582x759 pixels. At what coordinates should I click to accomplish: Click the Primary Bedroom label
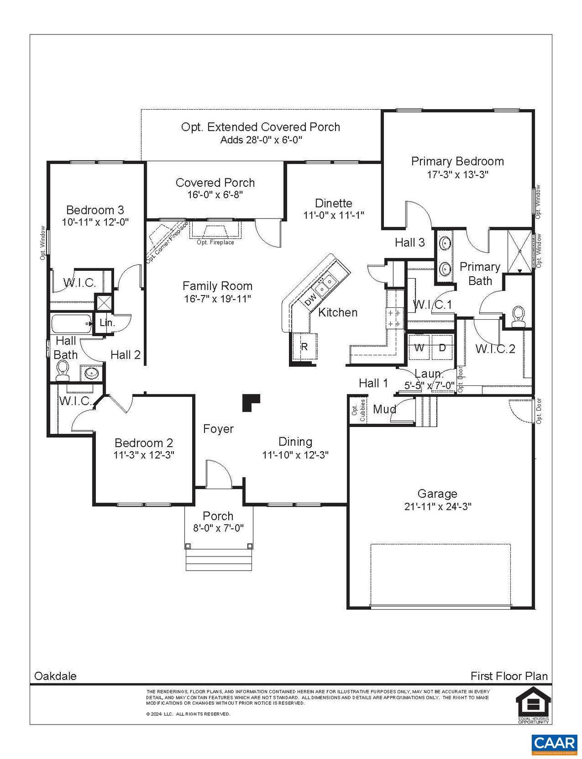pyautogui.click(x=457, y=161)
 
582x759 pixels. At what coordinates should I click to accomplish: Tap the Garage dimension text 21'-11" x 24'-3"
pyautogui.click(x=437, y=506)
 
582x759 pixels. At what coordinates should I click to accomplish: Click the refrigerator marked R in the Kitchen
pyautogui.click(x=304, y=347)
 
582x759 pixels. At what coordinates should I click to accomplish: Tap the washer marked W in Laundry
pyautogui.click(x=419, y=348)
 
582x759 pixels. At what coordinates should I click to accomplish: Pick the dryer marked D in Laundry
pyautogui.click(x=442, y=348)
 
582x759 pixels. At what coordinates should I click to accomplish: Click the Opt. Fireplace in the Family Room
pyautogui.click(x=215, y=231)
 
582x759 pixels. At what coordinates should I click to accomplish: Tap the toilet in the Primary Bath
pyautogui.click(x=518, y=317)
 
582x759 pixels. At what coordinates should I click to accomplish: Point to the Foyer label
pyautogui.click(x=218, y=429)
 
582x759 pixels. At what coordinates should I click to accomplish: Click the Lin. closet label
pyautogui.click(x=107, y=323)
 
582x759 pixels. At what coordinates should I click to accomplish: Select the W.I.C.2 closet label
pyautogui.click(x=495, y=349)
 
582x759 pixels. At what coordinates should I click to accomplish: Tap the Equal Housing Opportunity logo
pyautogui.click(x=533, y=705)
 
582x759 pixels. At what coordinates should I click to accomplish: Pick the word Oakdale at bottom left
pyautogui.click(x=55, y=676)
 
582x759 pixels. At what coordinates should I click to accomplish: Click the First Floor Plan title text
pyautogui.click(x=508, y=676)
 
